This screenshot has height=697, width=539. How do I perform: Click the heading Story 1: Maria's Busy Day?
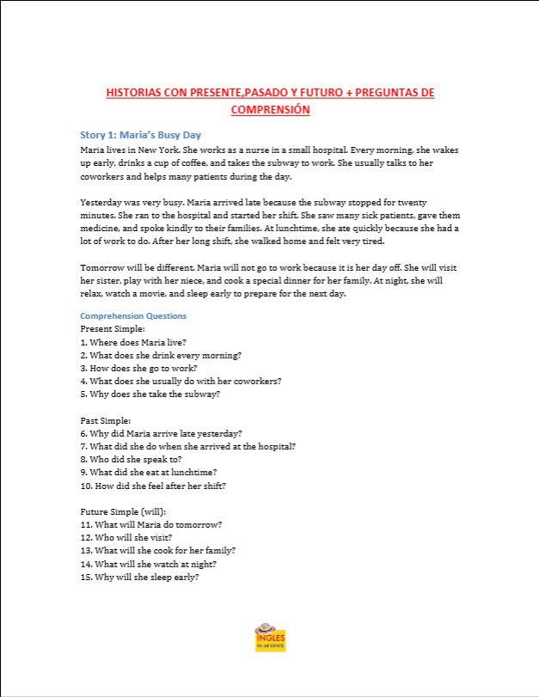point(140,135)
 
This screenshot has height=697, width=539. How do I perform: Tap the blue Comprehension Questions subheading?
point(133,315)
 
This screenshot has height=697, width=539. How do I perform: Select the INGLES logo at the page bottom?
point(270,638)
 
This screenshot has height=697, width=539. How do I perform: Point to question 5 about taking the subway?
point(150,394)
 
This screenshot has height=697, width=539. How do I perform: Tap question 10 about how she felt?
point(152,486)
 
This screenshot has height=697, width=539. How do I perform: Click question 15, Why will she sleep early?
point(139,577)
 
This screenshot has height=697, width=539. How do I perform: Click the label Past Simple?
point(105,420)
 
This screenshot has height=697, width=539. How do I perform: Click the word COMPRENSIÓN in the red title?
point(270,109)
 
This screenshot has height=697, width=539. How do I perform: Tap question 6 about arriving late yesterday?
point(161,433)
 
